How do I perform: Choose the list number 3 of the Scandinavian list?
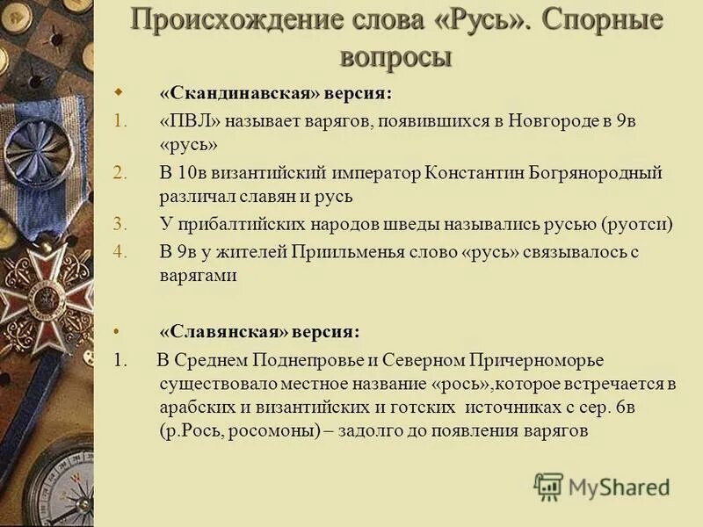coord(120,224)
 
